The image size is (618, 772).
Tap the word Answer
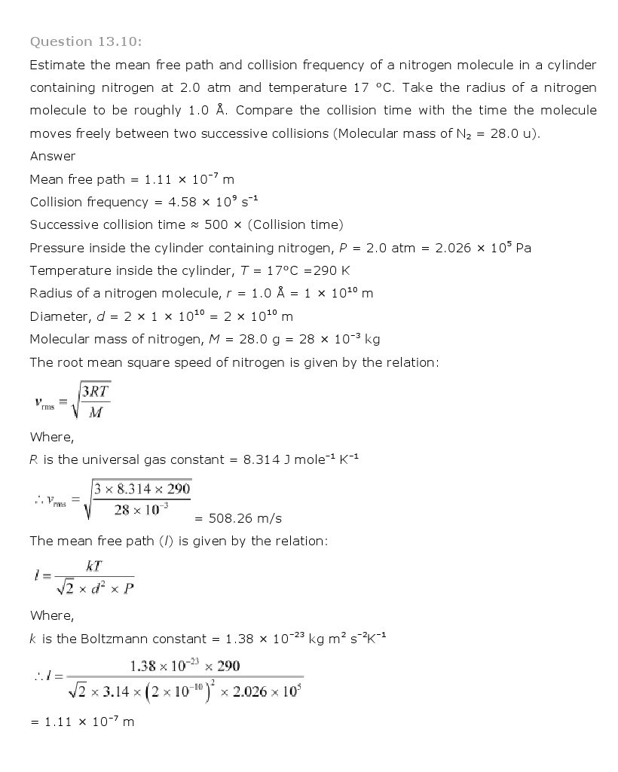(53, 156)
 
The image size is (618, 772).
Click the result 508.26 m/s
(238, 518)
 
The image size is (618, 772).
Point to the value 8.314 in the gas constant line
(262, 459)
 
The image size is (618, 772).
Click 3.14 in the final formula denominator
(121, 691)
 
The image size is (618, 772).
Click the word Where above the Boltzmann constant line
(51, 615)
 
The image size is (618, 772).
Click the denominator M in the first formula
(96, 413)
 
